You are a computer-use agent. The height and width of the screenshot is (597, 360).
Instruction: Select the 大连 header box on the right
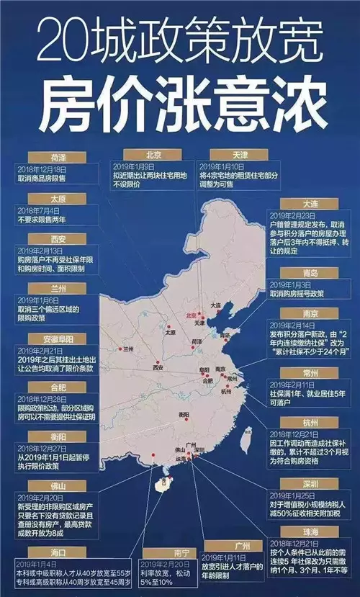click(x=291, y=204)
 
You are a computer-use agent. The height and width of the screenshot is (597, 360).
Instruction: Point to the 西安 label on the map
click(x=158, y=367)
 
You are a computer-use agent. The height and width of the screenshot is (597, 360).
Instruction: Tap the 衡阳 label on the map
click(x=184, y=416)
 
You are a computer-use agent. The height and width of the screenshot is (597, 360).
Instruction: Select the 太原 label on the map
click(x=171, y=333)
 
